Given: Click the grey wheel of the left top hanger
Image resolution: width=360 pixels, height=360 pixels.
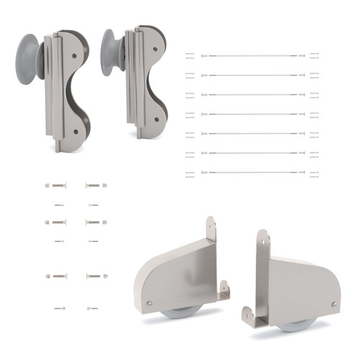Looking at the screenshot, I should tap(29, 58).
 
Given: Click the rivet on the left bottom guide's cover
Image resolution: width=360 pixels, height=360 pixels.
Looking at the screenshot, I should tap(149, 302).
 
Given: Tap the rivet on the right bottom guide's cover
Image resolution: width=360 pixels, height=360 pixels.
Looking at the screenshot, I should tap(334, 305).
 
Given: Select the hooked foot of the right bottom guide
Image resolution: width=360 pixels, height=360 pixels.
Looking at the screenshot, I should tap(249, 315).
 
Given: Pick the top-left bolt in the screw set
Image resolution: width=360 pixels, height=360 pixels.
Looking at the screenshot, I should tap(55, 185).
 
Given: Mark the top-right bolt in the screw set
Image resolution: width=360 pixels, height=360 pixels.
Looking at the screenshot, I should tap(96, 185).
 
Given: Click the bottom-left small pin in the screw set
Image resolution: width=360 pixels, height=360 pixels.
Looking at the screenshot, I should tap(59, 308).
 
